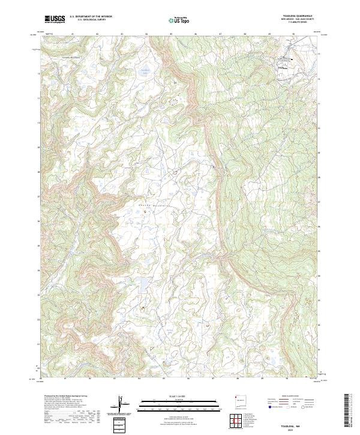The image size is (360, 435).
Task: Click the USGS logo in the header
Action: coord(55,19)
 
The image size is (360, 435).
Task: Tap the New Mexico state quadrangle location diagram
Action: coord(242,404)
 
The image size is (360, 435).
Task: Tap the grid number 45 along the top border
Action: coord(171,34)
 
